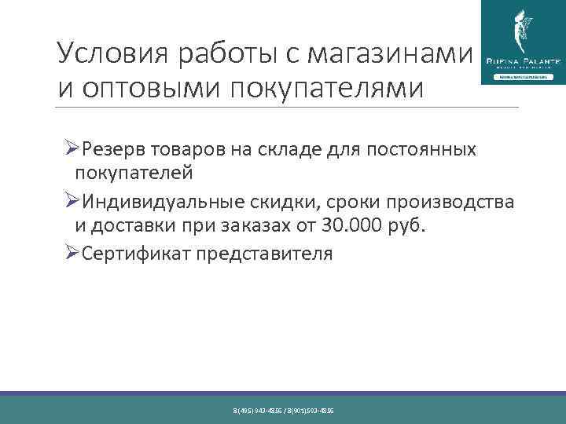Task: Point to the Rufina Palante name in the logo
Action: [x=520, y=60]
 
